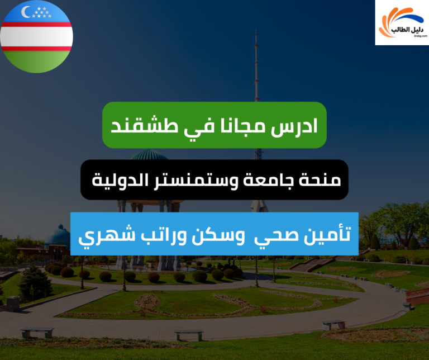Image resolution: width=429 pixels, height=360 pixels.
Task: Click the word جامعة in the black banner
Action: tap(271, 180)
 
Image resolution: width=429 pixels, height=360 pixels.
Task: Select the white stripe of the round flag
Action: tap(36, 36)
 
